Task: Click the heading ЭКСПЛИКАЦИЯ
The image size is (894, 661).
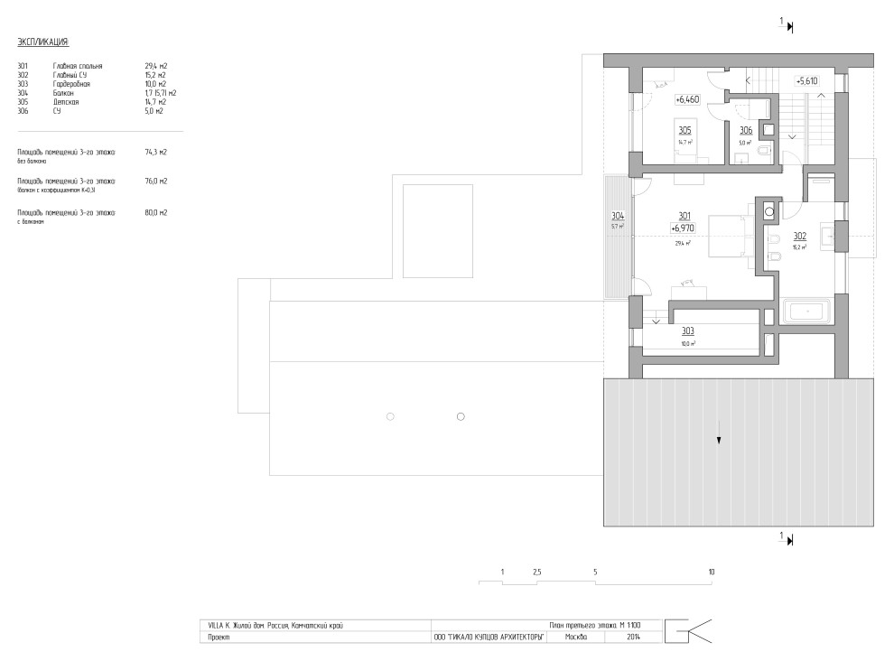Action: (x=42, y=42)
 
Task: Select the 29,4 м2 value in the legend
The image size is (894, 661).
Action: (x=156, y=66)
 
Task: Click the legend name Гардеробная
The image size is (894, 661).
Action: (x=71, y=84)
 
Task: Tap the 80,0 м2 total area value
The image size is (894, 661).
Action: (x=156, y=212)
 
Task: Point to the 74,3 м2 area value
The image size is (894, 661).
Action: (x=156, y=152)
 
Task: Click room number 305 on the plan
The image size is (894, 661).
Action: (x=685, y=130)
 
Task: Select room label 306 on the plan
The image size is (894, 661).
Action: (x=746, y=130)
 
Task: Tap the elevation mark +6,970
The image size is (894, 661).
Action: (x=684, y=229)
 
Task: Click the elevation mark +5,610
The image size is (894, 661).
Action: (x=806, y=80)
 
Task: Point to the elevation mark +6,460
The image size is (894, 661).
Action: (x=687, y=99)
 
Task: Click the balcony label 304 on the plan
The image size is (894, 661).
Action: (x=617, y=216)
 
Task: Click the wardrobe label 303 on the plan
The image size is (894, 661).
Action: (x=688, y=332)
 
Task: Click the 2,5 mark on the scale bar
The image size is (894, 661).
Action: (x=536, y=573)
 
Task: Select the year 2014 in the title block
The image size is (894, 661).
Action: (x=632, y=637)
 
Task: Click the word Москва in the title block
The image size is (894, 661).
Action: (x=574, y=637)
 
